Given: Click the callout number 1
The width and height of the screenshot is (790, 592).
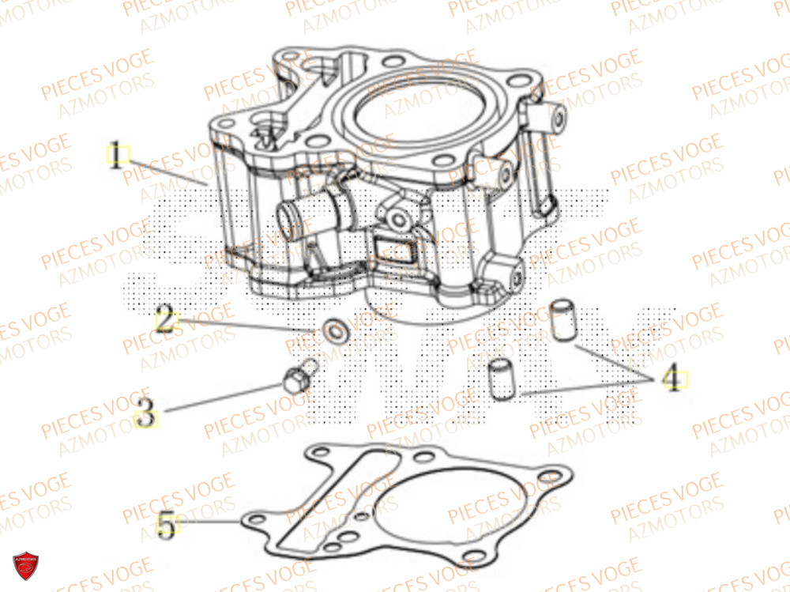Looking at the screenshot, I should (x=117, y=155).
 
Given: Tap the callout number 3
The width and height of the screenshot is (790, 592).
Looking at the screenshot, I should (x=145, y=412).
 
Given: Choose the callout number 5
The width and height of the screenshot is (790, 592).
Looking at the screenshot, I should (x=166, y=525).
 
